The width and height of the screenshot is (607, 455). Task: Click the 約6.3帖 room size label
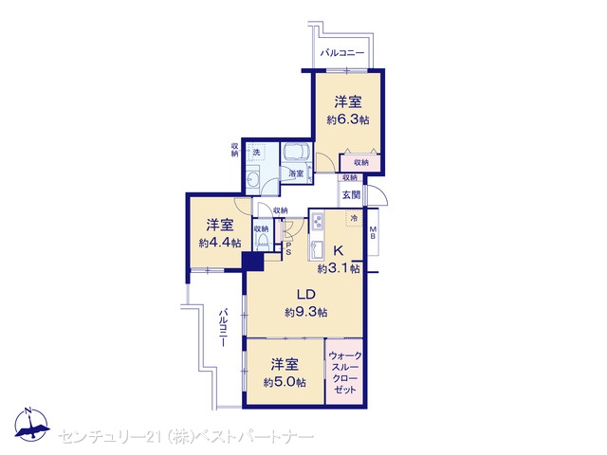pyautogui.click(x=348, y=119)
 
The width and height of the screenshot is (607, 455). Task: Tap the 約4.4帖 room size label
pyautogui.click(x=220, y=243)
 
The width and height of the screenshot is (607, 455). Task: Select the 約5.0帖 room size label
pyautogui.click(x=285, y=382)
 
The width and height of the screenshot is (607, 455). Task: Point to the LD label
pyautogui.click(x=305, y=295)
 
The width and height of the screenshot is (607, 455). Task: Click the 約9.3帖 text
pyautogui.click(x=305, y=312)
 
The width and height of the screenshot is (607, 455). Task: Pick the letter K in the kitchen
pyautogui.click(x=338, y=250)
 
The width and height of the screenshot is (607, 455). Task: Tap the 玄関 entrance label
pyautogui.click(x=351, y=194)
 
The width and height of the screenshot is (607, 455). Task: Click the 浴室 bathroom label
pyautogui.click(x=296, y=173)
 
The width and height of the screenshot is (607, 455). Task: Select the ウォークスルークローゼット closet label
pyautogui.click(x=344, y=373)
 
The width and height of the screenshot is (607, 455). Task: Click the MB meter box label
pyautogui.click(x=373, y=232)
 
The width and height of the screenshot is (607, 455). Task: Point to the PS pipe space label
pyautogui.click(x=288, y=248)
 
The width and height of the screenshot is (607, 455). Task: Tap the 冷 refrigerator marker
pyautogui.click(x=354, y=218)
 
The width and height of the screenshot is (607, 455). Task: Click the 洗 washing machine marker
pyautogui.click(x=256, y=152)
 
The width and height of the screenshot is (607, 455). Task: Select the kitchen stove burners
pyautogui.click(x=318, y=221)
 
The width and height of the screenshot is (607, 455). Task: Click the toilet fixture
pyautogui.click(x=263, y=241)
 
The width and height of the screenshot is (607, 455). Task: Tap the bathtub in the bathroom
pyautogui.click(x=296, y=154)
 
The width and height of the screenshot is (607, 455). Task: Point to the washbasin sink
pyautogui.click(x=253, y=178)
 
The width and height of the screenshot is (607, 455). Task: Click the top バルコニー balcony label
pyautogui.click(x=341, y=53)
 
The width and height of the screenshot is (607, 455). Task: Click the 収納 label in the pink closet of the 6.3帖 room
pyautogui.click(x=360, y=162)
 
